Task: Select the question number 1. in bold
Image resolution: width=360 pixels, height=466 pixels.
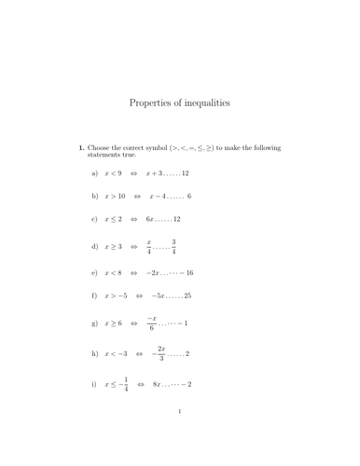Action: [81, 147]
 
